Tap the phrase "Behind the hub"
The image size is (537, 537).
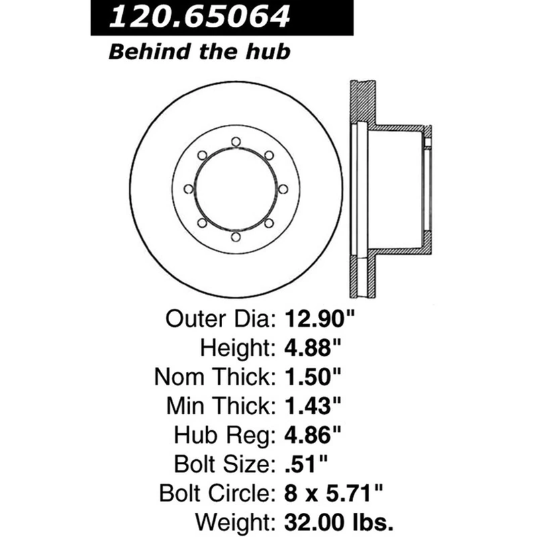[x=199, y=52]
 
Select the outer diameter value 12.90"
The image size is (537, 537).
[x=320, y=319]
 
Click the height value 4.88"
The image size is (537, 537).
[x=313, y=348]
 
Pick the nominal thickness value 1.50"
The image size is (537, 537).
[x=313, y=377]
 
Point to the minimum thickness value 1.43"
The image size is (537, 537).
[x=313, y=406]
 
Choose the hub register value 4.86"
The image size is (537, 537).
[x=313, y=435]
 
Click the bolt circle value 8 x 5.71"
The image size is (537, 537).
[x=334, y=493]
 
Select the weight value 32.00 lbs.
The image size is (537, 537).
[x=339, y=523]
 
